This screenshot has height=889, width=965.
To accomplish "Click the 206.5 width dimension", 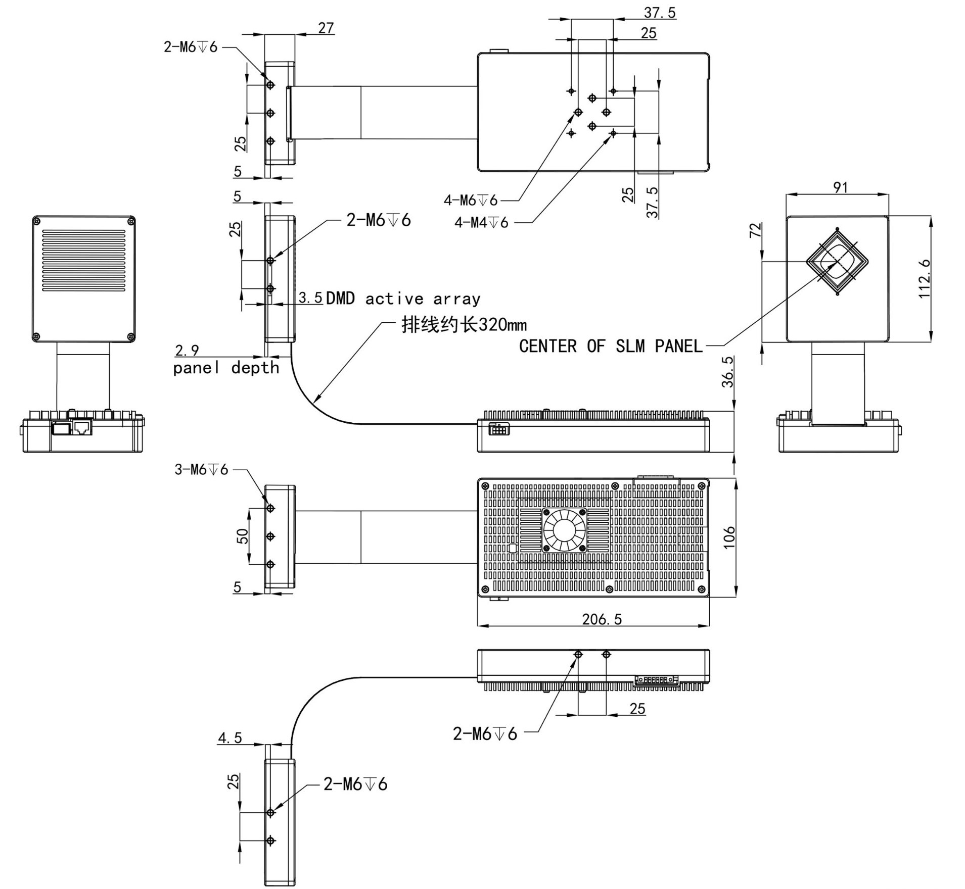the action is click(x=602, y=619).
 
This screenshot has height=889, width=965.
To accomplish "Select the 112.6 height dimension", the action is click(x=924, y=278).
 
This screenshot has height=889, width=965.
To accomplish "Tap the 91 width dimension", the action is click(x=840, y=187).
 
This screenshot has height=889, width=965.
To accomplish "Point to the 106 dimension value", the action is click(x=728, y=537).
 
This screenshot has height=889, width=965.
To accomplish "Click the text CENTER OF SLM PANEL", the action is click(x=611, y=346).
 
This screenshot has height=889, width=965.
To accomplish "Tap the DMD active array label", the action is click(x=403, y=299).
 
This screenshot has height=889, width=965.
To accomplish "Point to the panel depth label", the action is click(x=226, y=368).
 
